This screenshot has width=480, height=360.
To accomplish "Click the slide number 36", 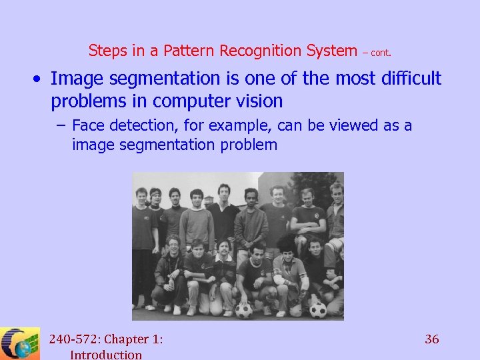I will coord(432,339).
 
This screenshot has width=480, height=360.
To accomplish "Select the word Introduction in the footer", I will coord(106,355).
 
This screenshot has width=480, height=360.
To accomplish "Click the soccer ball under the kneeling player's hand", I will coord(243,310).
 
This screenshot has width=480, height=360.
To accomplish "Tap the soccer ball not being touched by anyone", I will coord(318,310).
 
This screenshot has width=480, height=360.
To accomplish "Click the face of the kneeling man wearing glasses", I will coord(174,245).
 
